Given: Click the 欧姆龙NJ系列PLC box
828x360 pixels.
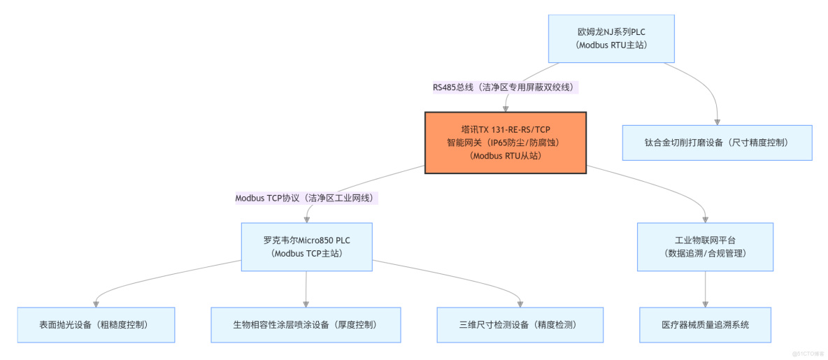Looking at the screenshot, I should [611, 38].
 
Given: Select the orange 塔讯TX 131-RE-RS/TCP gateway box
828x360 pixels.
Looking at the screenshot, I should [505, 142].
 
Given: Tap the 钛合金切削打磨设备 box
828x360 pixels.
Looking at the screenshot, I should [717, 143].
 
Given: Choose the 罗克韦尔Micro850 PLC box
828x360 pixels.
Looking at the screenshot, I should [306, 246].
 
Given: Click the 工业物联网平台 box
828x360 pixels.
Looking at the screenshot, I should [705, 246].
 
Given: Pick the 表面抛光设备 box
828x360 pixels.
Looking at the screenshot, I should [95, 324].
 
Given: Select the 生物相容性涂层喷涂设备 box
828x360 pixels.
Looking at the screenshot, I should [306, 324].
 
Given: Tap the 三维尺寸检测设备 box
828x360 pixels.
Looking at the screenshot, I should [520, 324].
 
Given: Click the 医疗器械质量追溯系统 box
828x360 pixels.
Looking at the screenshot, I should [705, 324].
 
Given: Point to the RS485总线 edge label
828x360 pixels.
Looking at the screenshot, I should [506, 87].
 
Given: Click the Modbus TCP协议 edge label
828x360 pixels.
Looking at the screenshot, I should [306, 198].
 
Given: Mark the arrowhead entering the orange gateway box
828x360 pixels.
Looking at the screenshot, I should [506, 108].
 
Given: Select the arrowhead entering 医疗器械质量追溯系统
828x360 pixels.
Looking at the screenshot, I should [705, 303].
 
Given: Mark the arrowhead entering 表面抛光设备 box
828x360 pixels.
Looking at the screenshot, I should [95, 303].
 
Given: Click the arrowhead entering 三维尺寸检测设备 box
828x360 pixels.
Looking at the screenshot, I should [520, 303].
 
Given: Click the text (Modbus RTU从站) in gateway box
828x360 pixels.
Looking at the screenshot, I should [505, 156].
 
